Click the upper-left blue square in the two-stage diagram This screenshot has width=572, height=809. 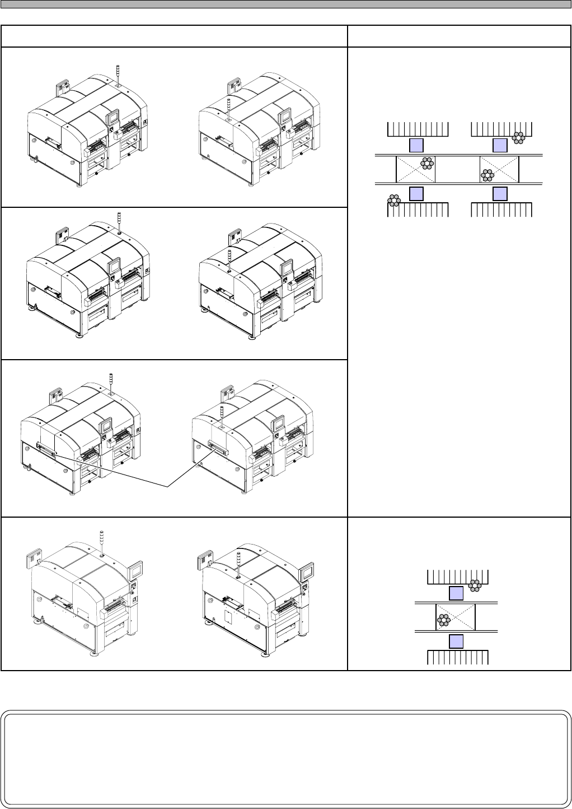(x=415, y=146)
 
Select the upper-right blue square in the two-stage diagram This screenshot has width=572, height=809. (x=500, y=146)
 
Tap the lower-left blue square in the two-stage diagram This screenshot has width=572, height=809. (x=415, y=194)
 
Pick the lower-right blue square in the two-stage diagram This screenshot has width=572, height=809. (x=500, y=194)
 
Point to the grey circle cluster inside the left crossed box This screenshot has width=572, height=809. (x=428, y=163)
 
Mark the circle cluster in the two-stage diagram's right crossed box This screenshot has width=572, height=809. (x=487, y=175)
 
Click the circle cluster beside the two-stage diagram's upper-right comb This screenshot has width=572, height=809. (x=519, y=137)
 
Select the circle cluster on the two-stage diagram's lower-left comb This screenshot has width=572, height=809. (x=395, y=200)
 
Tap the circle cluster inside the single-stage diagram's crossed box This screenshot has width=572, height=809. (x=444, y=620)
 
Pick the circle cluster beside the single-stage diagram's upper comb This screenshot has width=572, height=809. (x=475, y=585)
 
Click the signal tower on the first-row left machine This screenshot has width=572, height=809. (x=118, y=75)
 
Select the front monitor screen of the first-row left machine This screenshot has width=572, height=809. (x=113, y=118)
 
